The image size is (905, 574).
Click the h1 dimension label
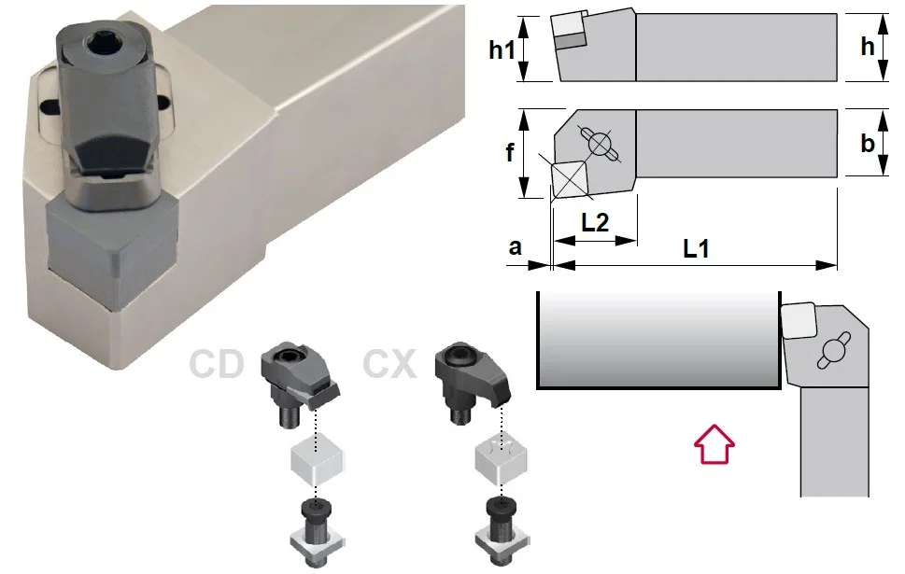502,49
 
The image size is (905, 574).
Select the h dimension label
868,47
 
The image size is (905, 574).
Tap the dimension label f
510,152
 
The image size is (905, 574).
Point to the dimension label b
868,143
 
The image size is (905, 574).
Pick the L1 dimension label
696,248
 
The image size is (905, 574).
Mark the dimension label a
515,247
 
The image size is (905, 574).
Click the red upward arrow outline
714,444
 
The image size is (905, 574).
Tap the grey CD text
217,363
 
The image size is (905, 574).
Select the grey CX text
389,363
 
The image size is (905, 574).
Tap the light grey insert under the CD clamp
317,461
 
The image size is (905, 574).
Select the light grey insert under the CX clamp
501,460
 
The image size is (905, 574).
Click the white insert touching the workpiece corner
799,320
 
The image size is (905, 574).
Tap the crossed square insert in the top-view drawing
569,179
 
